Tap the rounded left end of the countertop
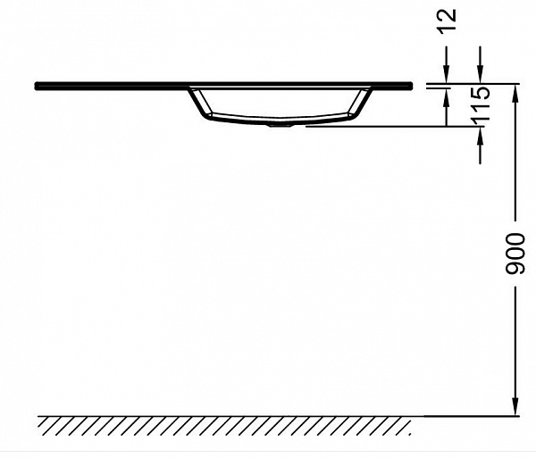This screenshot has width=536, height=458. click(38, 86)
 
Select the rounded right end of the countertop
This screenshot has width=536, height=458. click(412, 86)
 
